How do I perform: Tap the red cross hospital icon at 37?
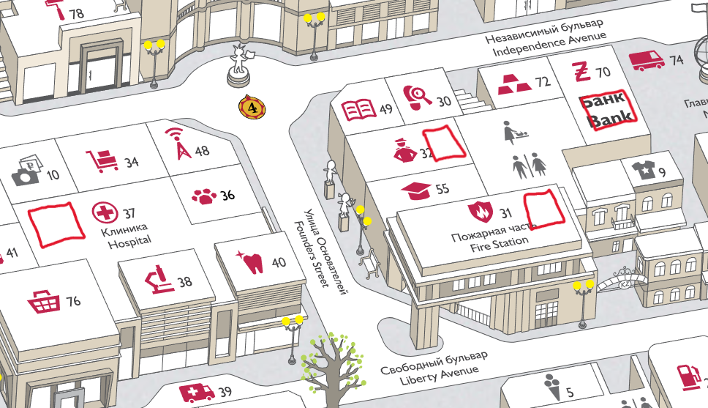105,214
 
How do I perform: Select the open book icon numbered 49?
359,111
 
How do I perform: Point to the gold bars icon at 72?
514,83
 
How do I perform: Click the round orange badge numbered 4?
252,108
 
